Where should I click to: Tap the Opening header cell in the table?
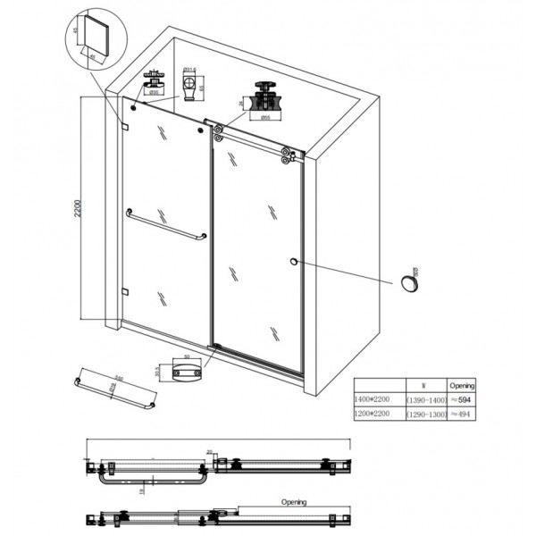[462, 385]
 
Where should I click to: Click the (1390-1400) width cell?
[425, 400]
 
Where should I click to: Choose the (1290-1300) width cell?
[425, 415]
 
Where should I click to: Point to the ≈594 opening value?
[462, 400]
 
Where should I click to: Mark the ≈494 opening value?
[461, 415]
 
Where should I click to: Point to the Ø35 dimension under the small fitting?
[154, 92]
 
